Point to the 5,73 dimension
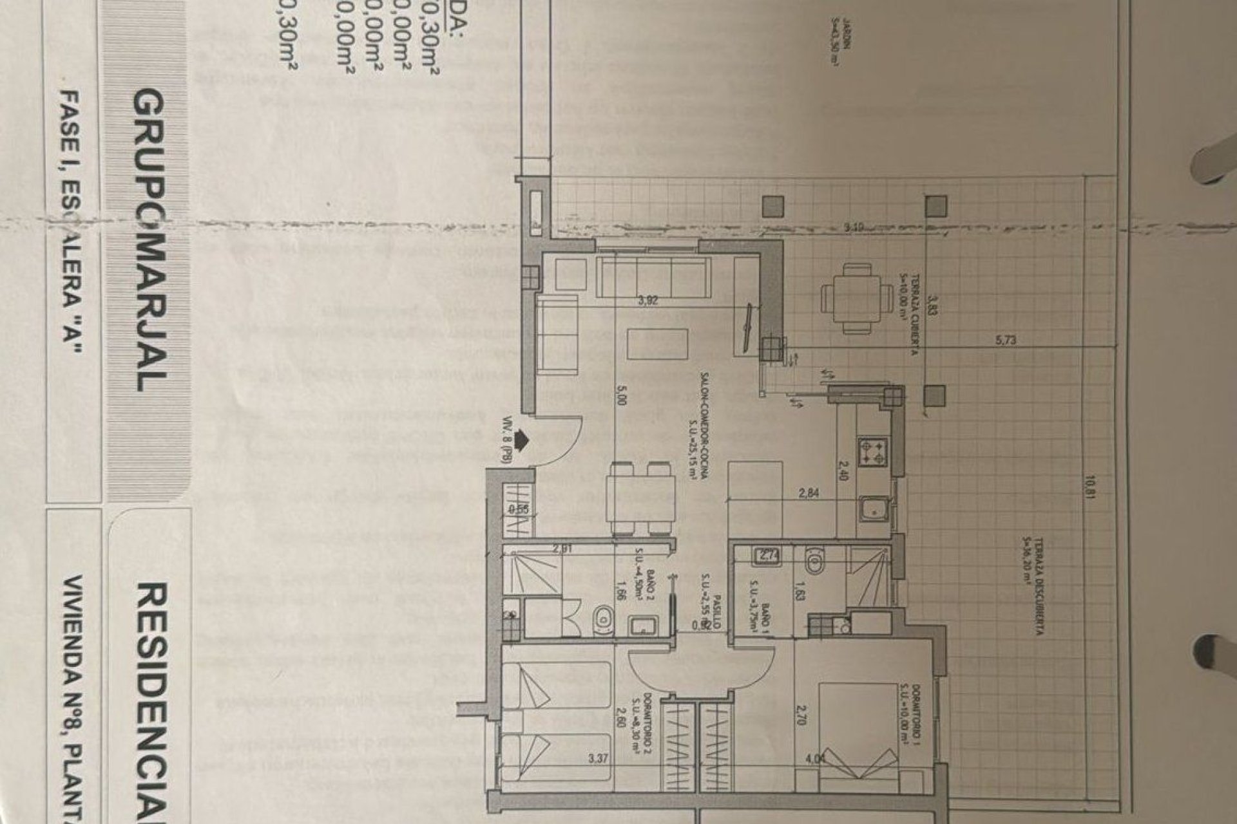point(1006,341)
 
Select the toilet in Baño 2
point(602,618)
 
